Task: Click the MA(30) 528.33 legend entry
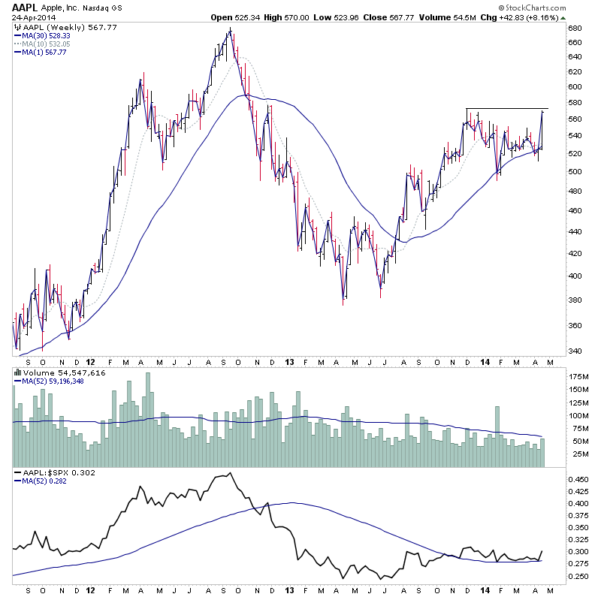tap(47, 35)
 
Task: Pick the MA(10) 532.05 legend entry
tap(47, 44)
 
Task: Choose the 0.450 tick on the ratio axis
tap(579, 479)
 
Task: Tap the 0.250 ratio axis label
tap(579, 576)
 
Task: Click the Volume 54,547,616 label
tap(53, 372)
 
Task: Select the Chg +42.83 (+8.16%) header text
tap(549, 17)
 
